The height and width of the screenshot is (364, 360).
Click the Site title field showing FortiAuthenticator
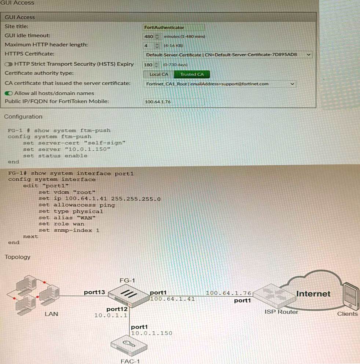(x=173, y=27)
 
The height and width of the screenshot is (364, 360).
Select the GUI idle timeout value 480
(x=149, y=36)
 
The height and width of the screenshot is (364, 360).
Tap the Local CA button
(x=159, y=74)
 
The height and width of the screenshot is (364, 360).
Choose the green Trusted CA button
(x=192, y=74)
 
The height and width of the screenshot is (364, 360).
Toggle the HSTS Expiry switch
(x=9, y=64)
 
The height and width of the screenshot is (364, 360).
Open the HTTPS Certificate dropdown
(x=227, y=55)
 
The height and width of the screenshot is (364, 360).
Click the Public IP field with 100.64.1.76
(x=173, y=102)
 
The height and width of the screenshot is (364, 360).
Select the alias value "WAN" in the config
(x=88, y=218)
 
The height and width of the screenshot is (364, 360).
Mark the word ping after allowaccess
(x=107, y=205)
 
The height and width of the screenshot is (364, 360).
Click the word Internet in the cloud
(x=313, y=294)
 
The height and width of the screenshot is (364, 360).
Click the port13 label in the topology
(x=94, y=292)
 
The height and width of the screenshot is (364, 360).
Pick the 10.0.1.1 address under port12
(x=111, y=315)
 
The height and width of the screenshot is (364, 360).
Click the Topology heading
(x=18, y=257)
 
